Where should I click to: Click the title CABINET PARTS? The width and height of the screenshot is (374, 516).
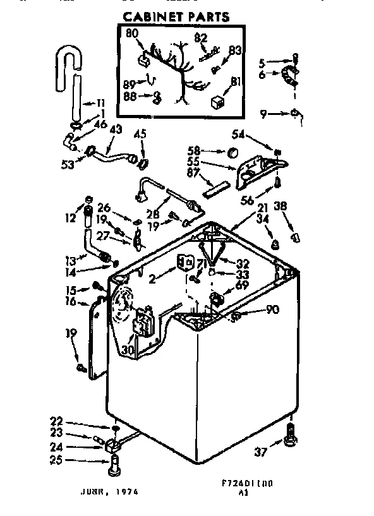coord(175,16)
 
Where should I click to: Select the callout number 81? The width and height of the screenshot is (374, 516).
coord(235,81)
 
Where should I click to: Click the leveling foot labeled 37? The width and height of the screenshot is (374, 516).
coord(291,436)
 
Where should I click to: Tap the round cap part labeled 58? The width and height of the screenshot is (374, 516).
coord(232,152)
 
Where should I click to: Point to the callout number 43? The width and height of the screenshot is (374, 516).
coord(116,129)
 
